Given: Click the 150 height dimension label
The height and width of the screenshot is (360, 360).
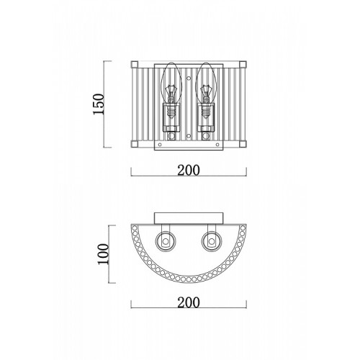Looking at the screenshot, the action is [x=99, y=104].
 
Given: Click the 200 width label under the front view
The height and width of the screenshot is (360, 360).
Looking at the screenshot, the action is [x=189, y=170].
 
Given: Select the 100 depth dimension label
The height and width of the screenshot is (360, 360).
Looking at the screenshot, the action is [x=103, y=254].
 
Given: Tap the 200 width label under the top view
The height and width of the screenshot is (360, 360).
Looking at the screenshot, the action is [x=189, y=302].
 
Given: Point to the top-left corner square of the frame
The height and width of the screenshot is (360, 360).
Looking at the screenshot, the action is [x=135, y=65].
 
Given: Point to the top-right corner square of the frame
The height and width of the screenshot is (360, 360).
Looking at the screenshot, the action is [x=243, y=65].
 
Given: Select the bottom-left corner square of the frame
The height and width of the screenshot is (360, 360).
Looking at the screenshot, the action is [x=135, y=144].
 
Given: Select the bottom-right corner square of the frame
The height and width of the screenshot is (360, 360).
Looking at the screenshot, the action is [x=243, y=144].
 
